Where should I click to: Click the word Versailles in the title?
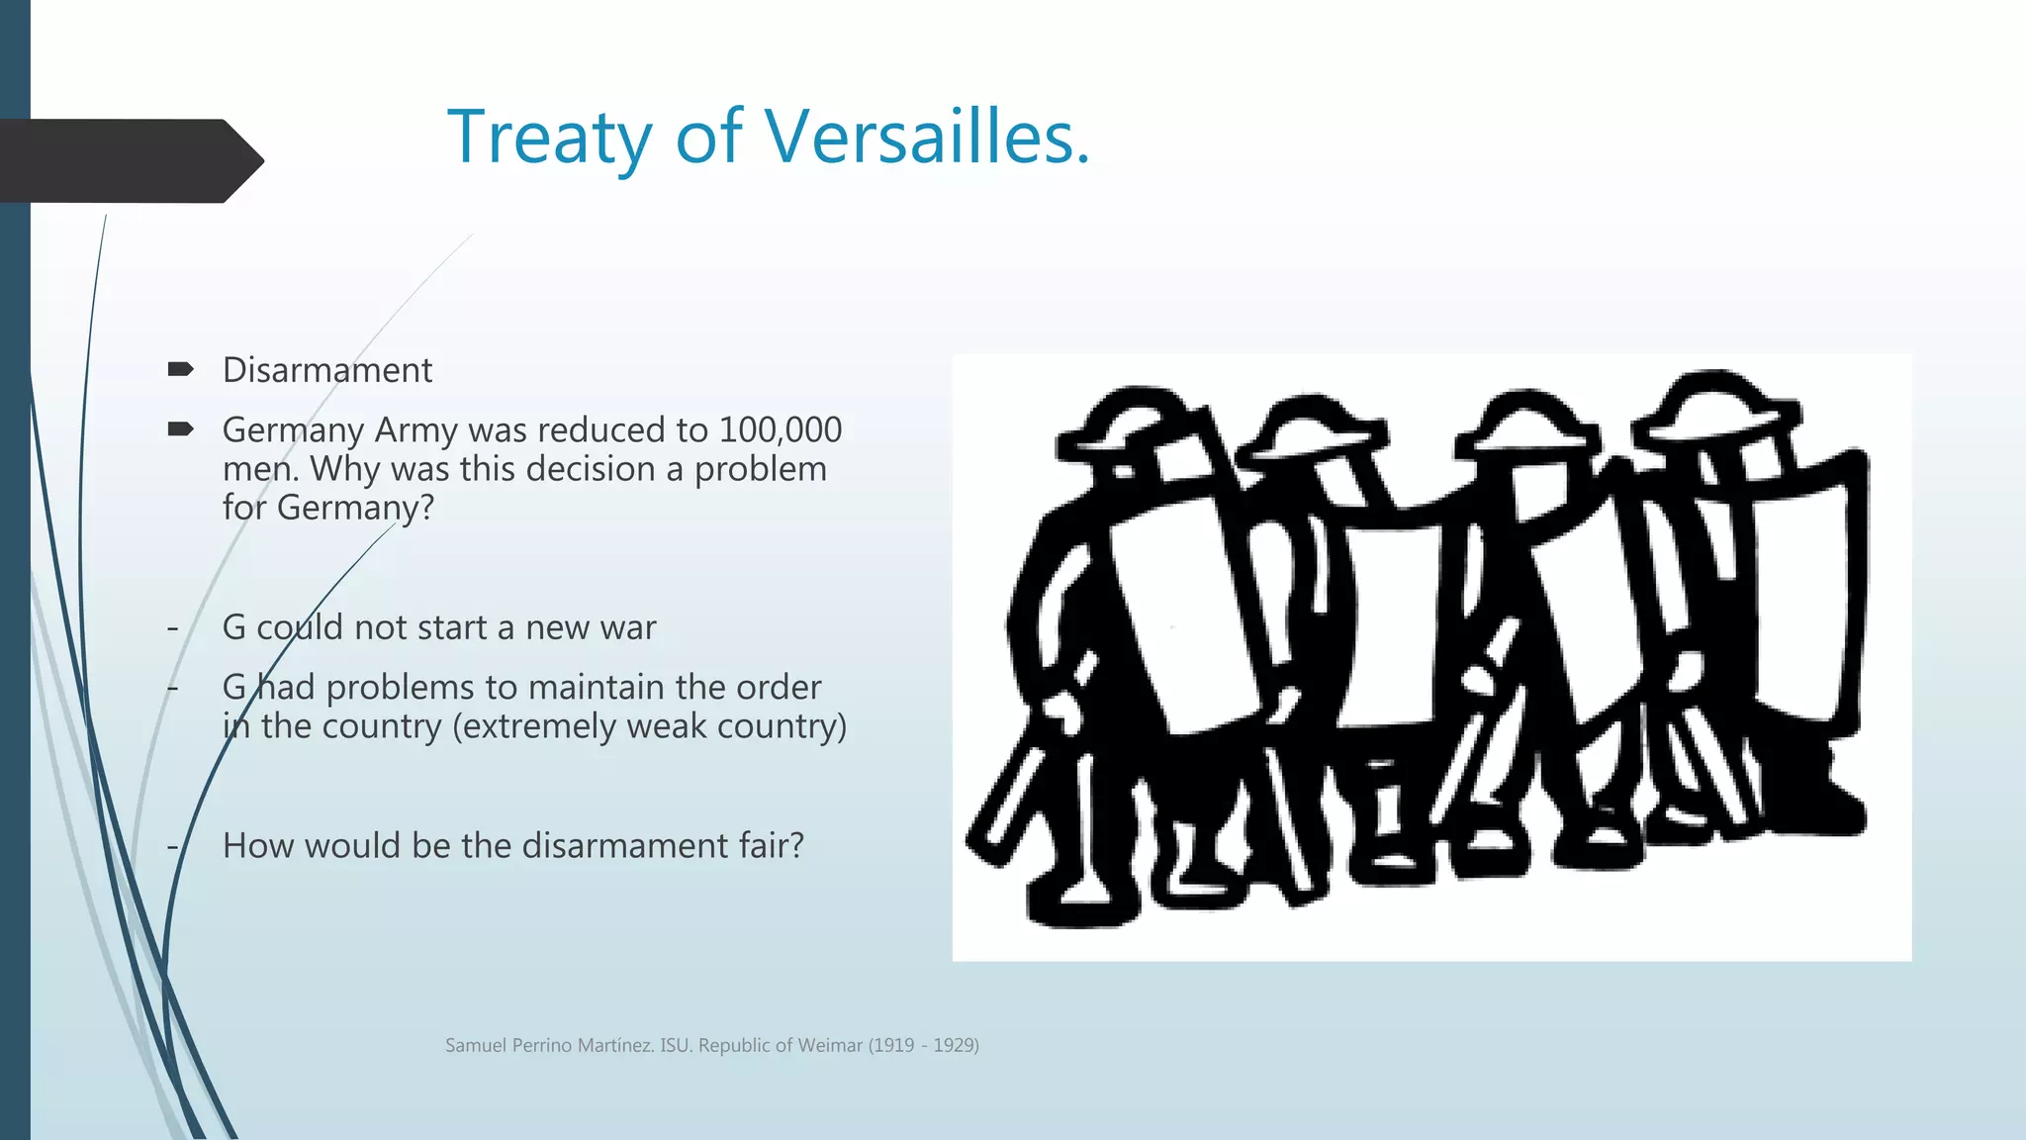(927, 137)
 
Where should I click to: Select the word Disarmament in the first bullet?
(327, 370)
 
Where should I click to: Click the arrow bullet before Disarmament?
(180, 370)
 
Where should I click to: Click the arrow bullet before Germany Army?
(180, 429)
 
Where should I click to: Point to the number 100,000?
(781, 429)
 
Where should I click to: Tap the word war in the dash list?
(629, 627)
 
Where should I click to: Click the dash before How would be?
(173, 847)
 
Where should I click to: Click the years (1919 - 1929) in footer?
(923, 1045)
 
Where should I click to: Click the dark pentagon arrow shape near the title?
(129, 161)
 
